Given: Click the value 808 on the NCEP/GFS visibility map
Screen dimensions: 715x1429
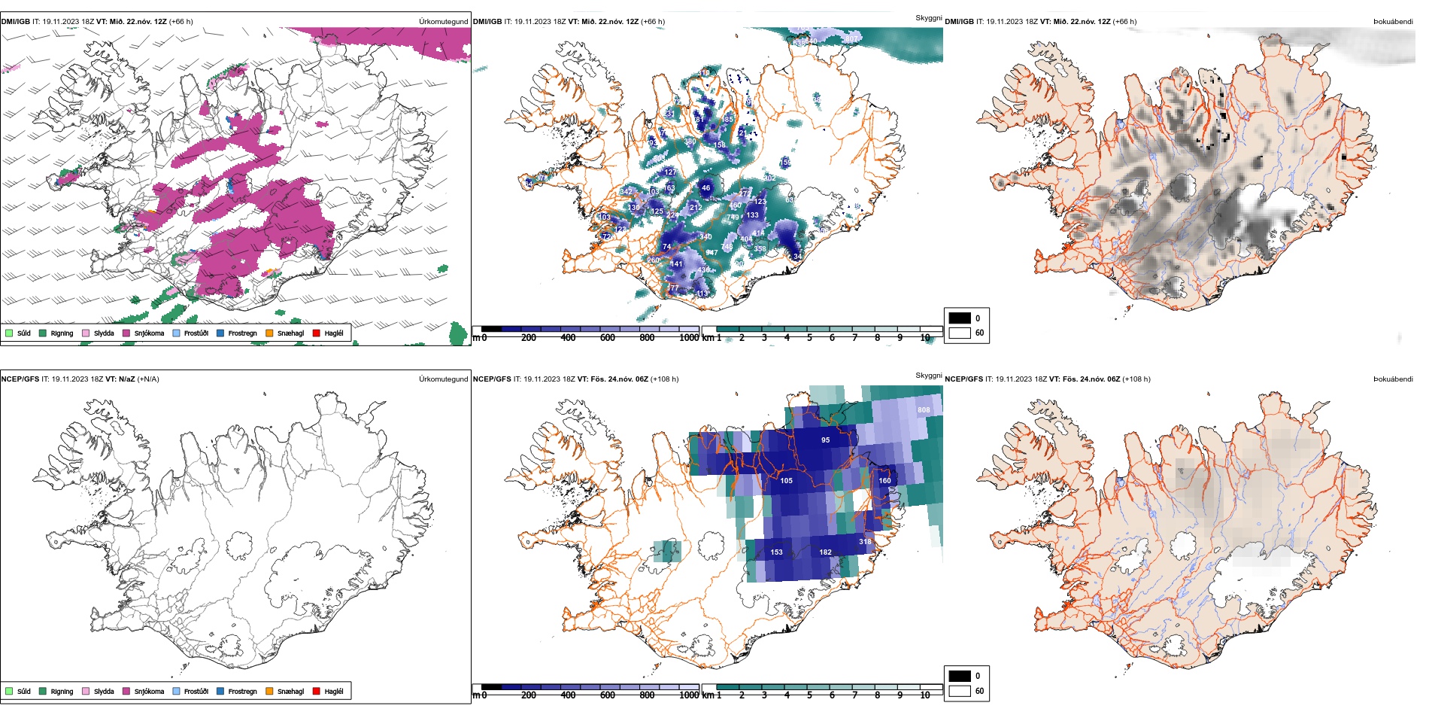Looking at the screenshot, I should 924,410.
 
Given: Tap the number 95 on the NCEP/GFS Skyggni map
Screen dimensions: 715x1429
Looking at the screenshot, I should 825,440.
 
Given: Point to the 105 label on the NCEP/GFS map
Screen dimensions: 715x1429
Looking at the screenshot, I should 786,481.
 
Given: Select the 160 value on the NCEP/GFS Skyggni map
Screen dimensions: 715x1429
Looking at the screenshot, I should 884,481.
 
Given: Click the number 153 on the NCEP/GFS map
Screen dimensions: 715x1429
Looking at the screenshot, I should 776,552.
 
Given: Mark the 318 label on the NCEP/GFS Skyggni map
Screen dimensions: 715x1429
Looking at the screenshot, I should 865,542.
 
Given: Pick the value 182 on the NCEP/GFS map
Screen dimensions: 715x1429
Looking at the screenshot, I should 825,552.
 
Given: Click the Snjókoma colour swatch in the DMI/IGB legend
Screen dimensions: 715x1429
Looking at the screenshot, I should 126,333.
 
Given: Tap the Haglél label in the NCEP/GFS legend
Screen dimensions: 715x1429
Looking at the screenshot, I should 334,691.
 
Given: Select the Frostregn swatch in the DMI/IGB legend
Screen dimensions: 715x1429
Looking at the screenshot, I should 220,333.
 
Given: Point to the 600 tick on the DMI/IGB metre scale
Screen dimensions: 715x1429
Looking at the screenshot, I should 607,338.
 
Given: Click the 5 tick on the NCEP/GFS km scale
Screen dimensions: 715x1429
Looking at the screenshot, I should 809,695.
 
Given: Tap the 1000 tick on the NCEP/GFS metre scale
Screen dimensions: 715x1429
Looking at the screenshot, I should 689,695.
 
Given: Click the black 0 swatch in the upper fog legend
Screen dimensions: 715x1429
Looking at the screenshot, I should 960,318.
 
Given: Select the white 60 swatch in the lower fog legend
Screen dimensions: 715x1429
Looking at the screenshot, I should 960,690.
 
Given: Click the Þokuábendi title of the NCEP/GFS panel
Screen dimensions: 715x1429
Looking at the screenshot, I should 1393,379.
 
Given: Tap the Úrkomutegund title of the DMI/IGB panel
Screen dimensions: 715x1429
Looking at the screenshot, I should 443,22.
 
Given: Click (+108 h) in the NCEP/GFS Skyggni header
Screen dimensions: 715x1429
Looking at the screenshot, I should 664,379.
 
